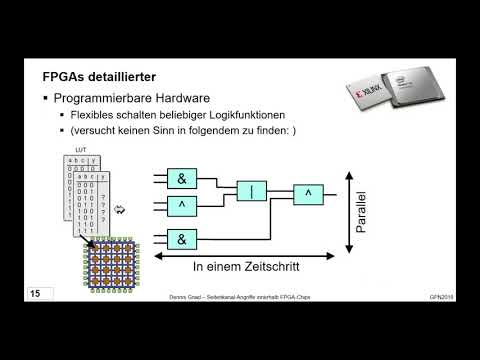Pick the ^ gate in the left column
(182, 206)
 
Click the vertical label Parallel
(361, 213)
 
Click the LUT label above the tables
(83, 150)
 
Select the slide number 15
(35, 294)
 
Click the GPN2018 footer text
(443, 298)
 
